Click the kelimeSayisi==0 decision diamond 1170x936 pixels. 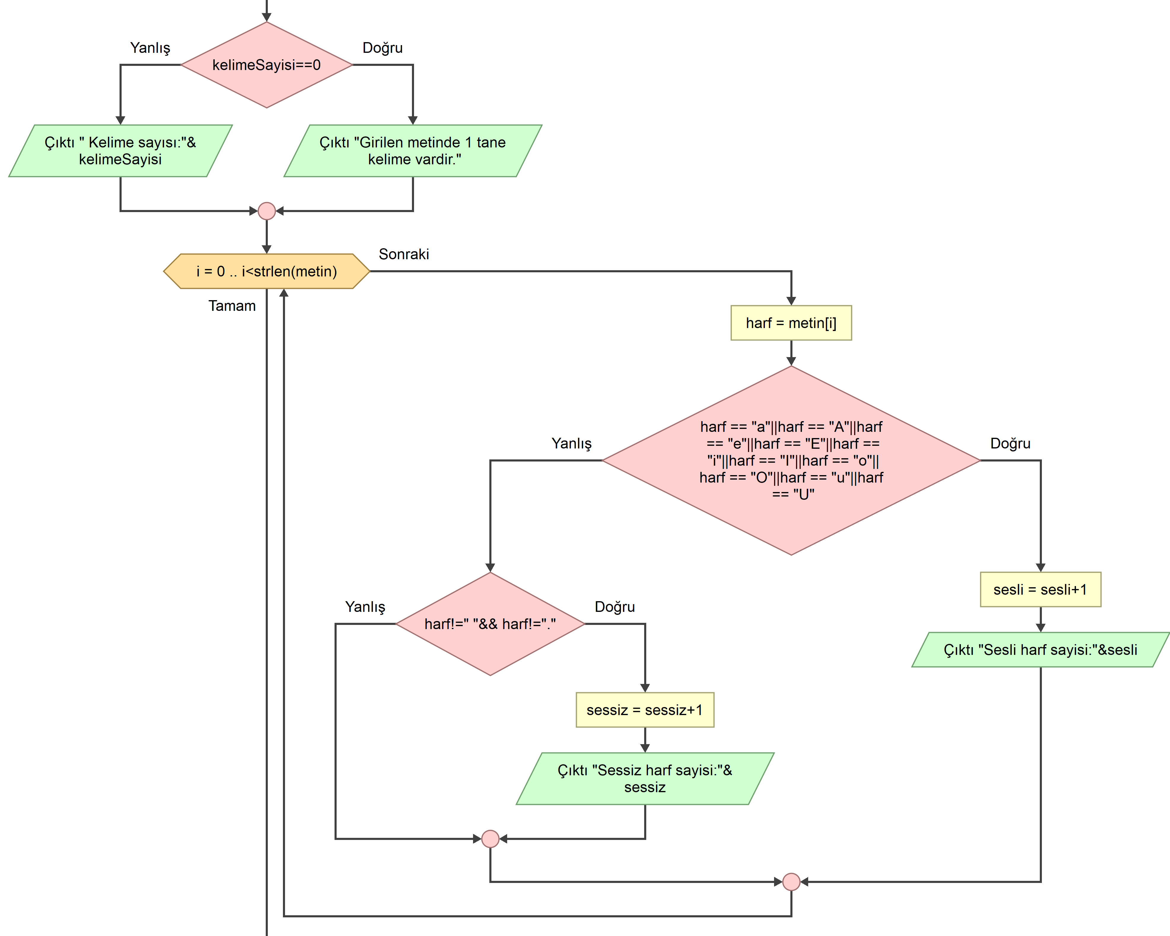click(x=266, y=65)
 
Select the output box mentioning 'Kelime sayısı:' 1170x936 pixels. click(x=120, y=151)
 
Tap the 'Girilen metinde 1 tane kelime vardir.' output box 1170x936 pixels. click(x=413, y=151)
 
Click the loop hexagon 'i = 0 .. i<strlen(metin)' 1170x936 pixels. click(x=266, y=271)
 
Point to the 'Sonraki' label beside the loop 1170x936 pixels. click(x=404, y=254)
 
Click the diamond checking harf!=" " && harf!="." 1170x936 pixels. click(x=490, y=624)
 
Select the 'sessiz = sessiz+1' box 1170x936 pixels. click(x=645, y=710)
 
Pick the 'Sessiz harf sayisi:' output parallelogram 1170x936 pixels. click(x=645, y=778)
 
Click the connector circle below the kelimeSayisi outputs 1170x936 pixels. click(x=266, y=211)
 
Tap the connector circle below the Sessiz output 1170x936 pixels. click(x=490, y=839)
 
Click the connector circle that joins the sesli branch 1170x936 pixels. click(x=791, y=882)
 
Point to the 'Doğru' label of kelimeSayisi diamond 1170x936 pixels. click(x=383, y=48)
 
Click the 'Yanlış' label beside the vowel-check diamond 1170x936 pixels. click(x=572, y=443)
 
